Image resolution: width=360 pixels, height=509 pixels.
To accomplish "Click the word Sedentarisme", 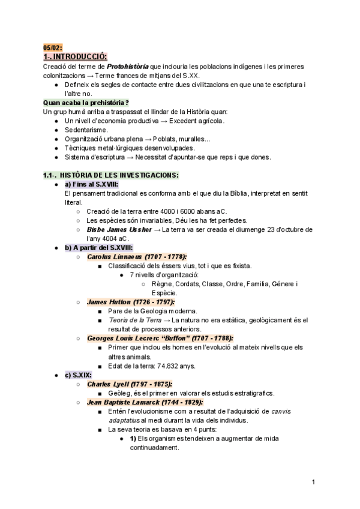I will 86,130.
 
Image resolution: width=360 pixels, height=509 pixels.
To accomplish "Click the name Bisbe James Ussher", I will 119,229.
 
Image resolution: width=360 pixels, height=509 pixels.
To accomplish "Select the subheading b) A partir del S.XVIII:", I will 98,247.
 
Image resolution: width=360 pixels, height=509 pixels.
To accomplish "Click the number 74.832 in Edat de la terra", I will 172,366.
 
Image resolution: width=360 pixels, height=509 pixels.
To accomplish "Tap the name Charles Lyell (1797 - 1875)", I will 129,384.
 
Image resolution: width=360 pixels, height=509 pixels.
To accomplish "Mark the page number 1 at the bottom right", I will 314,482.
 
